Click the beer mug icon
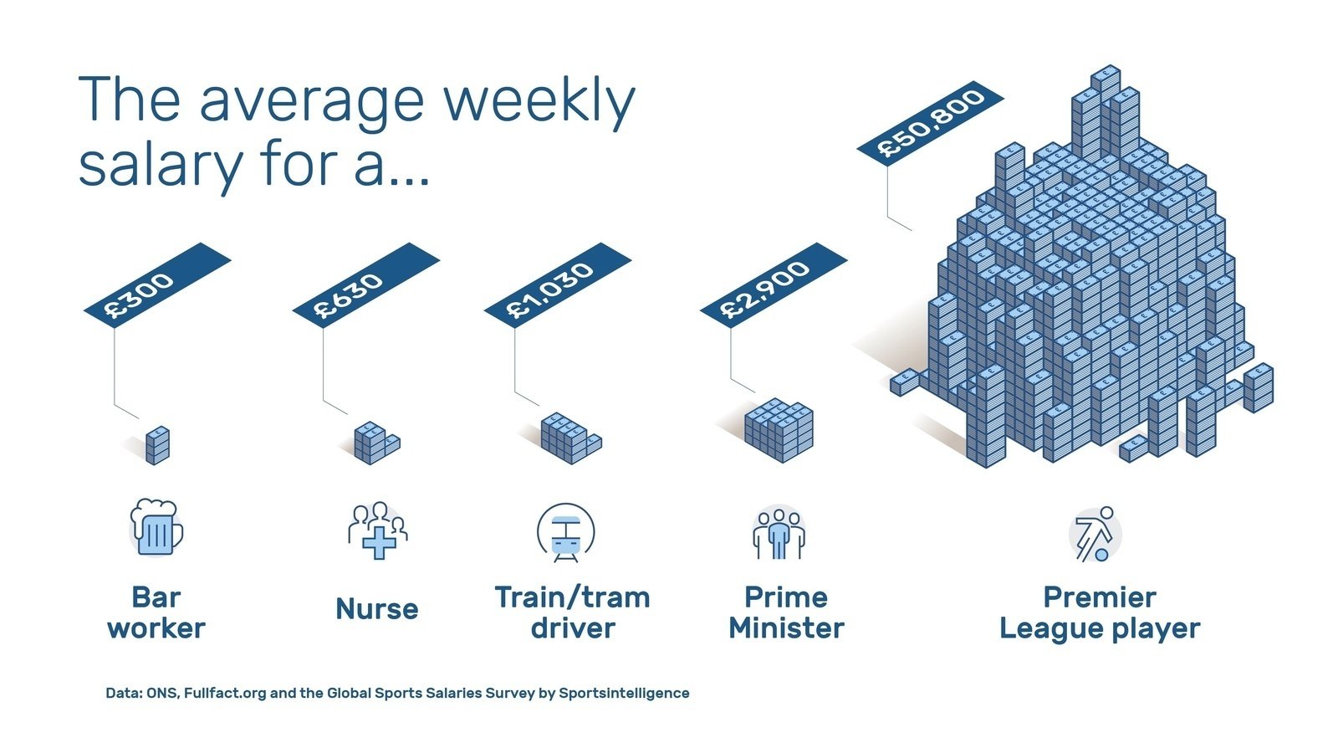pyautogui.click(x=156, y=528)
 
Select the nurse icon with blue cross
pyautogui.click(x=378, y=530)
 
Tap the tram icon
pyautogui.click(x=565, y=532)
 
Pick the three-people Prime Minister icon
pyautogui.click(x=779, y=533)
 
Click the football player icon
pyautogui.click(x=1095, y=534)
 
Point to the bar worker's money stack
pyautogui.click(x=157, y=445)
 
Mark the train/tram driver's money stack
pyautogui.click(x=569, y=437)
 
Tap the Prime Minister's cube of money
pyautogui.click(x=779, y=429)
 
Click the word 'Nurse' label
pyautogui.click(x=377, y=609)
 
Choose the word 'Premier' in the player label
pyautogui.click(x=1100, y=597)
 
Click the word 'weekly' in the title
pyautogui.click(x=539, y=101)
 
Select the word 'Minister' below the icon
pyautogui.click(x=786, y=628)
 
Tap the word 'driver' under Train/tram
pyautogui.click(x=573, y=628)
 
